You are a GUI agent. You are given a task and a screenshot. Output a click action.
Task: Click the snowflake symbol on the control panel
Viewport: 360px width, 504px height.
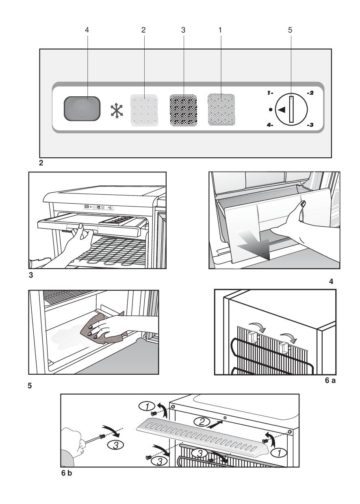117,110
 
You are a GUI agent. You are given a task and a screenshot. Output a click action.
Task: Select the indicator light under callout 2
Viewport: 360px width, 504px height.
144,109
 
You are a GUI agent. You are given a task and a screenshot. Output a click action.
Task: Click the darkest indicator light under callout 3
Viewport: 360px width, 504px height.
183,109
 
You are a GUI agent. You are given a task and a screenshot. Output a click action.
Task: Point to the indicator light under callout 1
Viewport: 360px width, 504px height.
221,109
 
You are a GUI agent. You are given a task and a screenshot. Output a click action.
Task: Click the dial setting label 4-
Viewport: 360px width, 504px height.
270,125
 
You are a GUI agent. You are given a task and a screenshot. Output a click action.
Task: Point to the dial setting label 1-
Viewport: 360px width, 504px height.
270,93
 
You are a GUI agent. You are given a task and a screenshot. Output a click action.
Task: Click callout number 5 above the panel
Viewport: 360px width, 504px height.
291,30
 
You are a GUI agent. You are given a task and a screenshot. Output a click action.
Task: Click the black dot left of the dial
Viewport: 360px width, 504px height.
271,109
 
